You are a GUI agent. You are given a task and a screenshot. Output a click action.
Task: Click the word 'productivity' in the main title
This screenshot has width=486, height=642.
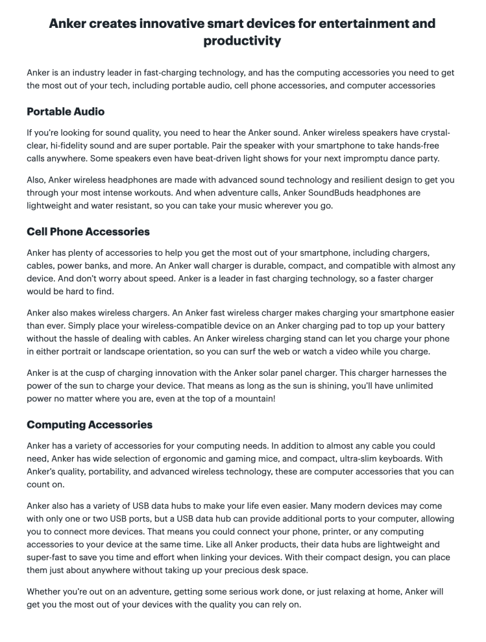[x=242, y=41]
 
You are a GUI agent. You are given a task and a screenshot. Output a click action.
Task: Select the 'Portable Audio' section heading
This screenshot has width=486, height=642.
[x=66, y=111]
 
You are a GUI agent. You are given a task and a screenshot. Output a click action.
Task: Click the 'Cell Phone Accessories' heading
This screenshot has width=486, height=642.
[x=88, y=231]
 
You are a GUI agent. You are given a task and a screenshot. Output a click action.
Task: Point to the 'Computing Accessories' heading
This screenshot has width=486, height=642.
[x=90, y=425]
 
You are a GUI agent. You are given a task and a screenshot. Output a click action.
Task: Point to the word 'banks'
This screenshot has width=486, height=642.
[x=110, y=265]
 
